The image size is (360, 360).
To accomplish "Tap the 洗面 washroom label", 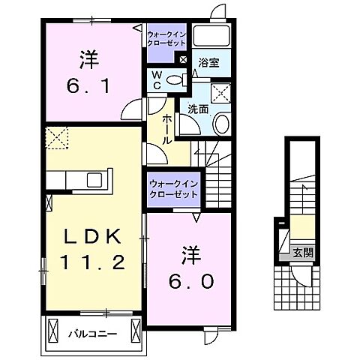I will tap(198, 109).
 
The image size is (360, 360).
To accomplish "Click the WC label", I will tap(157, 80).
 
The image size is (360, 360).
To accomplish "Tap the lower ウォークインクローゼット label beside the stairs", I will tap(173, 188).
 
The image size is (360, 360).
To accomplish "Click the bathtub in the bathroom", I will tap(212, 37).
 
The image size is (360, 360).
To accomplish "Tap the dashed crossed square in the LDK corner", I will tap(57, 137).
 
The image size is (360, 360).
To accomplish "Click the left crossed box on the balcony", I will tap(53, 328).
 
